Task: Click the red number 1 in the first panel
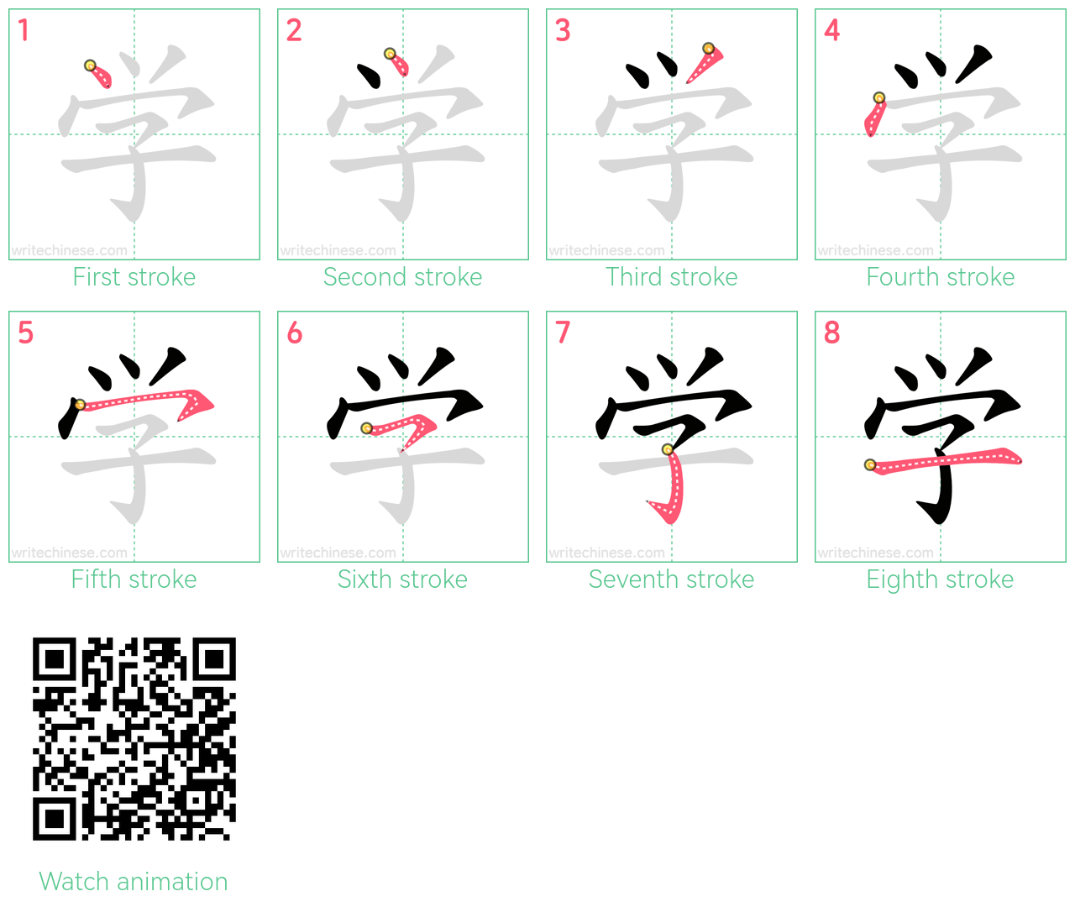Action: click(x=24, y=30)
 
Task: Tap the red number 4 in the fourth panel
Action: click(x=832, y=30)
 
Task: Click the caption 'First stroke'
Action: click(x=134, y=277)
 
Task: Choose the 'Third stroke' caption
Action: click(x=671, y=277)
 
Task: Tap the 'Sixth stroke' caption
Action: click(x=402, y=579)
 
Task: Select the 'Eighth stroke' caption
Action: click(x=940, y=579)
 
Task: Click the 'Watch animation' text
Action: click(x=134, y=881)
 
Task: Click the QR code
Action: click(x=134, y=739)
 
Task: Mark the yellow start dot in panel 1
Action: click(x=90, y=66)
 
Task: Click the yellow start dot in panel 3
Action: click(x=709, y=49)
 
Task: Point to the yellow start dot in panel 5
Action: click(x=80, y=405)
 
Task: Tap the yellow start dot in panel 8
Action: click(x=870, y=465)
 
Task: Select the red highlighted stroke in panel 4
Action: click(x=874, y=117)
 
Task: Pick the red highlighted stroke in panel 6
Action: click(x=406, y=427)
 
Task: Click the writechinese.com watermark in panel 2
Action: click(x=338, y=251)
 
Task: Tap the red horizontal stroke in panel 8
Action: click(x=944, y=460)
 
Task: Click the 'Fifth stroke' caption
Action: click(x=134, y=579)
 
